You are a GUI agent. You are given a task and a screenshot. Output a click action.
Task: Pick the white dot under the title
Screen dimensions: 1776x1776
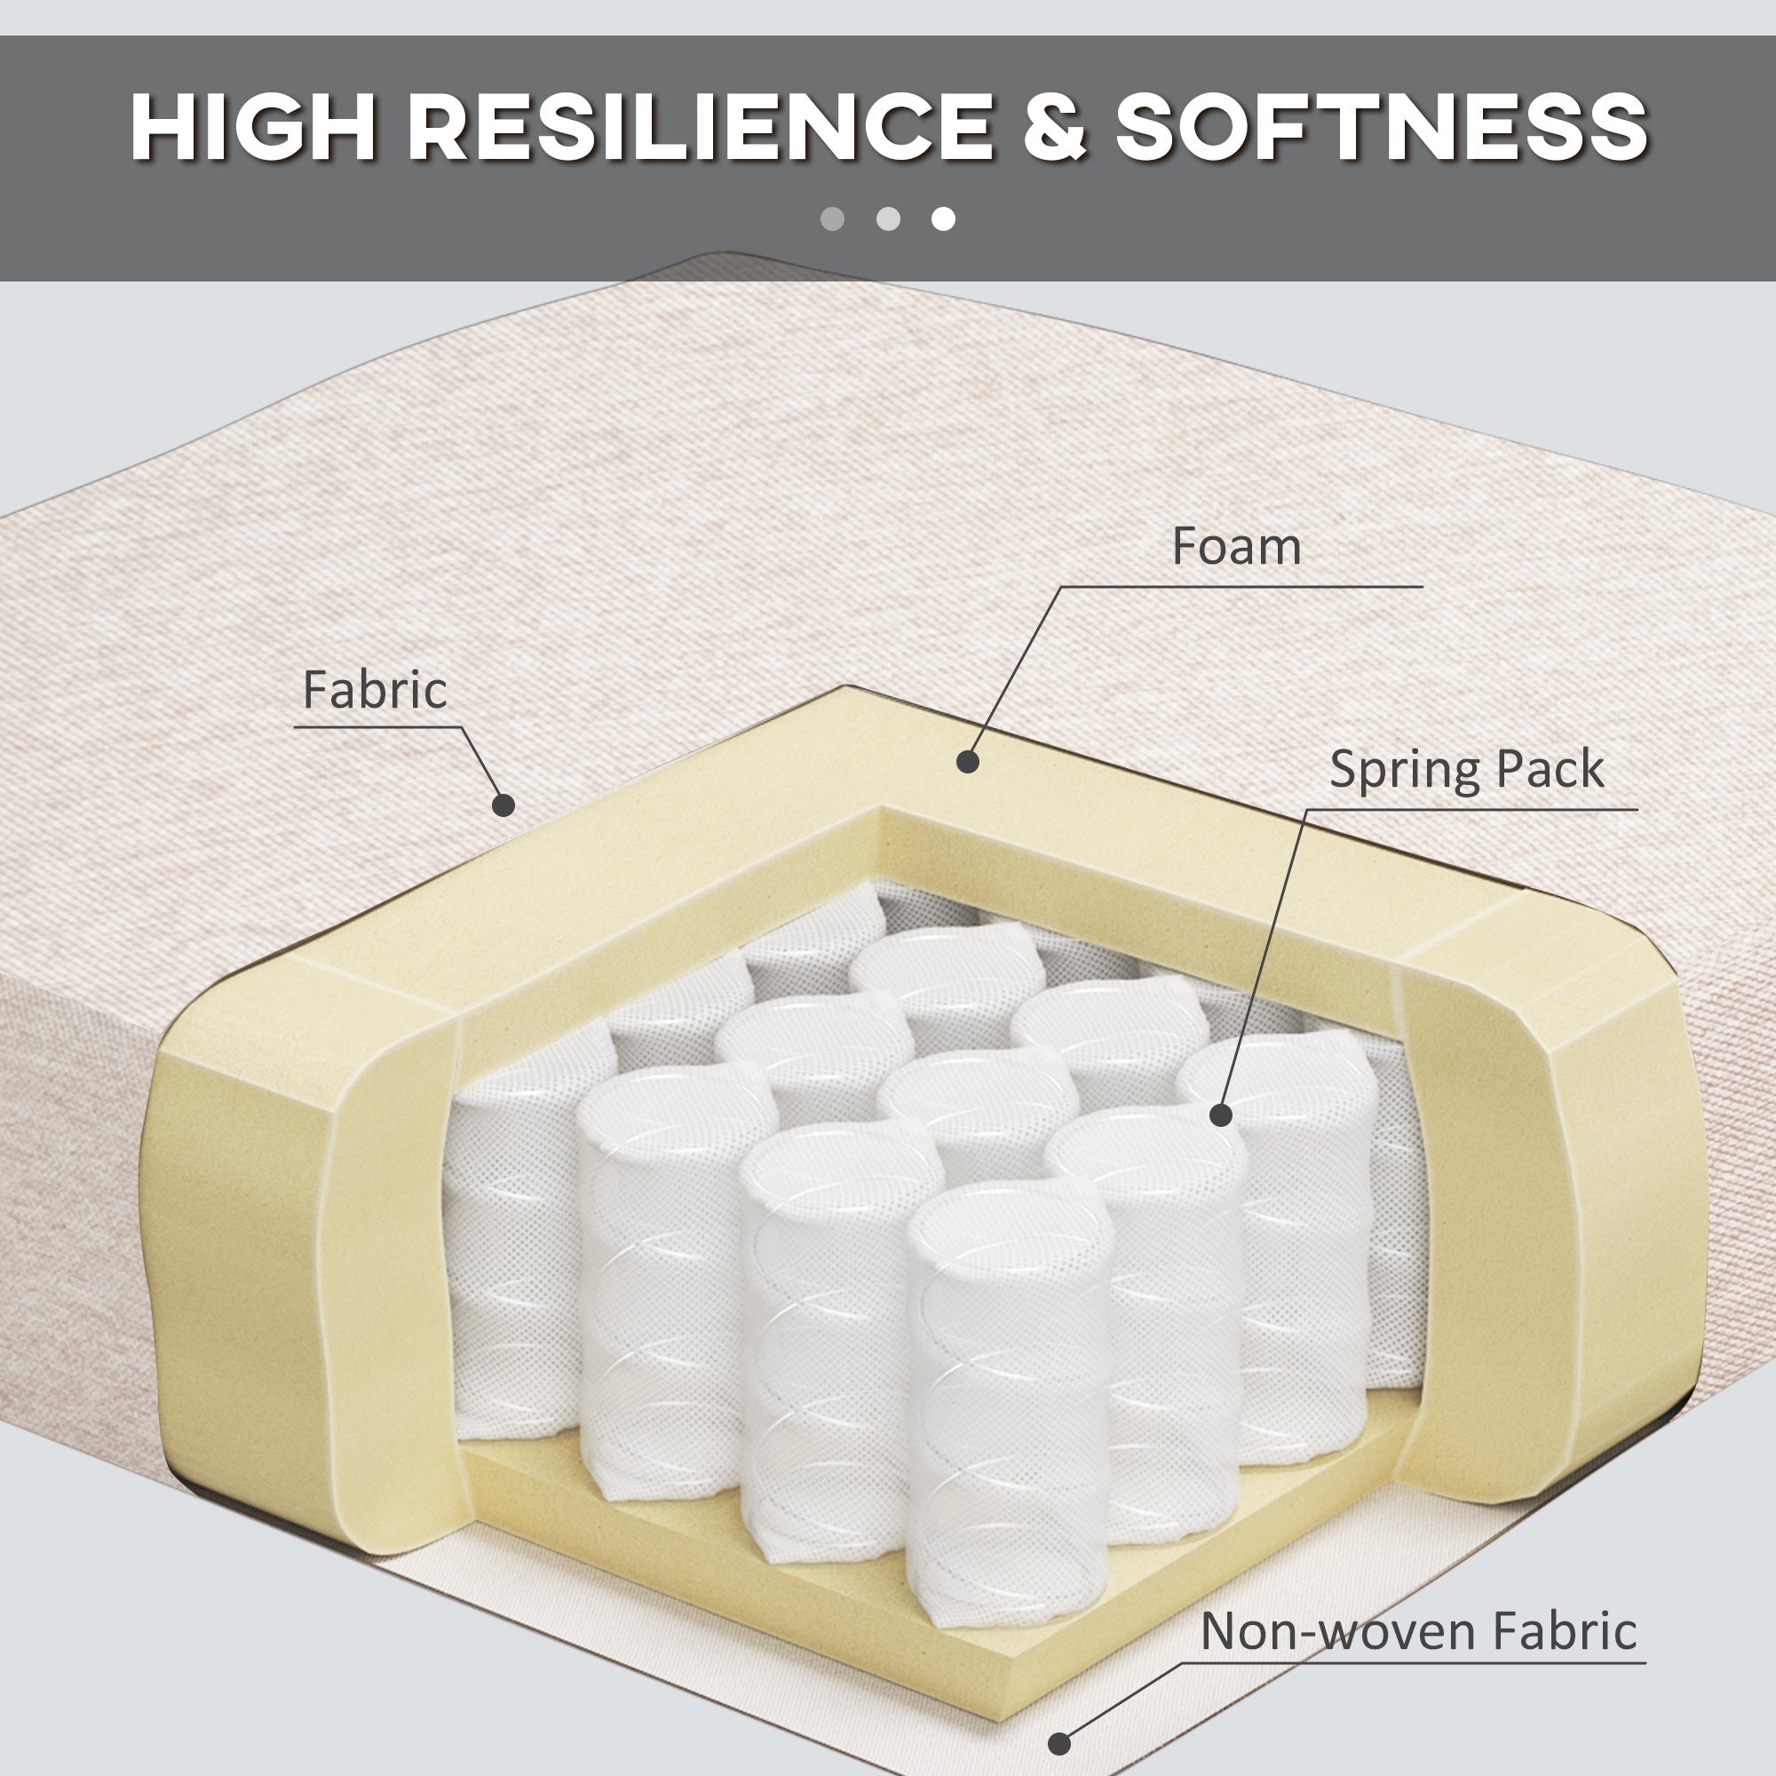pos(943,218)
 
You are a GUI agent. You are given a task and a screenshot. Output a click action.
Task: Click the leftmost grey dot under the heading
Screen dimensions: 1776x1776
pos(832,218)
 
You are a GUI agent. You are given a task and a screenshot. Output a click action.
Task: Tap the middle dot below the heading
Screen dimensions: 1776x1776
pos(888,218)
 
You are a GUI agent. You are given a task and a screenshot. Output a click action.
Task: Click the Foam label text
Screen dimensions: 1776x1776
pos(1236,546)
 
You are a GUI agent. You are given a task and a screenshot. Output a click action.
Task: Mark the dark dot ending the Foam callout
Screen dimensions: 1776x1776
pos(967,761)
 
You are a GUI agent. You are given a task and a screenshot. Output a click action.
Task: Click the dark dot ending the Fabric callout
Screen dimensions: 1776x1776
pos(503,805)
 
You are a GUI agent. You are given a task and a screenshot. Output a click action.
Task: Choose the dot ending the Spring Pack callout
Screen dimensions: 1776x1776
pos(1221,1115)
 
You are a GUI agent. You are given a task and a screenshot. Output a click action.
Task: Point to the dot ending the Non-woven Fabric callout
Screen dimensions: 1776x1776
pos(1059,1743)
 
